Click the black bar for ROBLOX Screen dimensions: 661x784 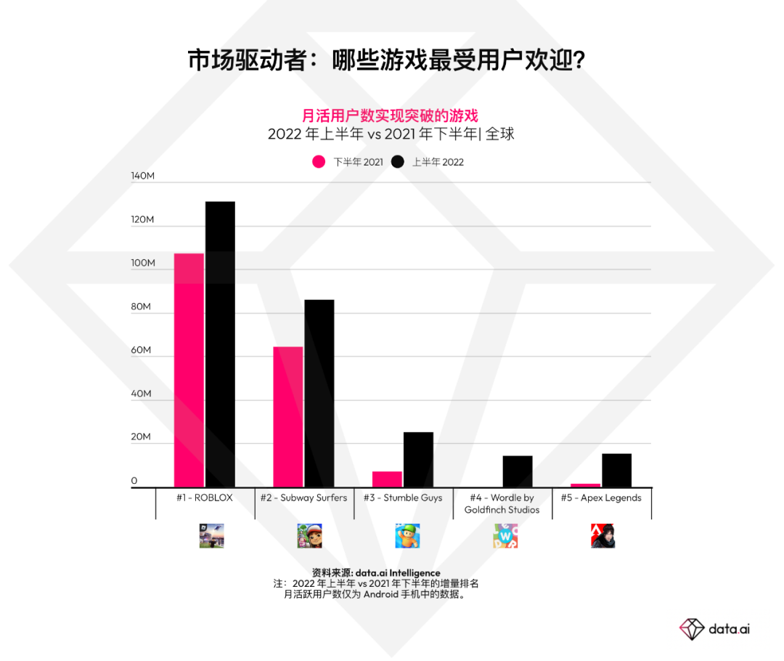[x=220, y=344]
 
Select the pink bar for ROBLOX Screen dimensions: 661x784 [x=189, y=370]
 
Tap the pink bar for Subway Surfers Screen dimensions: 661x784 [x=288, y=417]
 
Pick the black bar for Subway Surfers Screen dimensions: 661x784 [x=319, y=393]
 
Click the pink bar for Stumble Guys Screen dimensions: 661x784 [x=387, y=479]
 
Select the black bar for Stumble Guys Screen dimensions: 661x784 [x=418, y=460]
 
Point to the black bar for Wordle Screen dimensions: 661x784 [x=518, y=471]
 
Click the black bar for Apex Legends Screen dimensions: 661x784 [x=616, y=470]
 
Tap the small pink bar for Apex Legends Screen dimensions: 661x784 [x=586, y=485]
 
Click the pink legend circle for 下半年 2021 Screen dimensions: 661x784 [x=319, y=162]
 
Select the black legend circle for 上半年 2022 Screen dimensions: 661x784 [x=397, y=162]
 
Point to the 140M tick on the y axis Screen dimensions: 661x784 [x=143, y=177]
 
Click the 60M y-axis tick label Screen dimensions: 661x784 [x=141, y=350]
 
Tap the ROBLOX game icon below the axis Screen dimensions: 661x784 [x=212, y=536]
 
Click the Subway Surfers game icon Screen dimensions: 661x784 [x=309, y=536]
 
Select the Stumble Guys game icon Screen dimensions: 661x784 [x=407, y=536]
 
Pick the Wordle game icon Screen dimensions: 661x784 [x=505, y=536]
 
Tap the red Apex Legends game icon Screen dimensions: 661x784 [x=603, y=536]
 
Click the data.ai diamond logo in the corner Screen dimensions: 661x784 [x=692, y=628]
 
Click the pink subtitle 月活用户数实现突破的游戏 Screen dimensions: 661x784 [x=390, y=115]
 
